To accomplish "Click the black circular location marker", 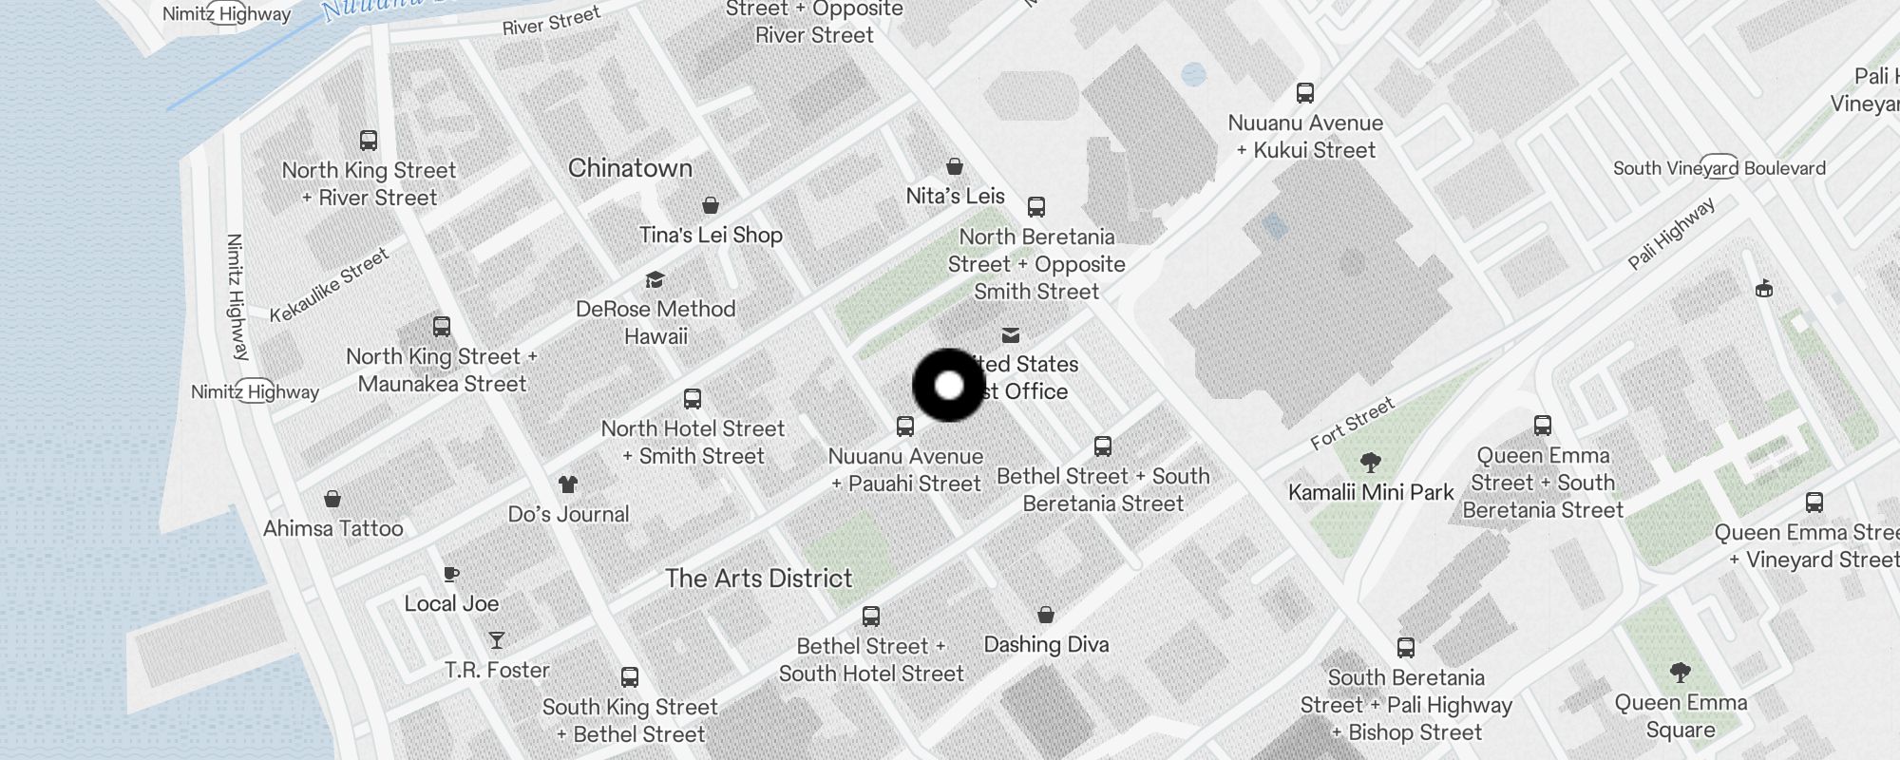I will point(949,386).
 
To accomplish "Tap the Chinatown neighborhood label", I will point(630,168).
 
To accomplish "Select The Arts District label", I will point(758,578).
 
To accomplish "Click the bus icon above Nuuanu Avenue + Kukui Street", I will point(1305,93).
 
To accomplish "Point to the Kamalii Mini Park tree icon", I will point(1370,463).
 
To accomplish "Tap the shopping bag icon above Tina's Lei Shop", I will point(710,205).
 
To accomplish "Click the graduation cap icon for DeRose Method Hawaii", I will point(655,279).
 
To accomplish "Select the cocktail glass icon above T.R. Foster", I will point(496,640).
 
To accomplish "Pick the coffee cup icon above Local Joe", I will point(451,574).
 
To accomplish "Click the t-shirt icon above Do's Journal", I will point(568,484).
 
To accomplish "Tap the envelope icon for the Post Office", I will point(1011,335).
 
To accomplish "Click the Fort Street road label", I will point(1352,423).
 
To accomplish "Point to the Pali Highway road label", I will point(1671,234).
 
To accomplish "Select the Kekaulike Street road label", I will point(329,285).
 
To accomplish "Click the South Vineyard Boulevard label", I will point(1719,168).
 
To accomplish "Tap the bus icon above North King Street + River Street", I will point(369,141).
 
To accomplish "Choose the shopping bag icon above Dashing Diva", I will point(1046,615).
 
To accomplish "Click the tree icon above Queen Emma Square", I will point(1680,673).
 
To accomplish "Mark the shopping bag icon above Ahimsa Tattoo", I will point(332,499).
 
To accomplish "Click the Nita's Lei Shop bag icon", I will point(955,167).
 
